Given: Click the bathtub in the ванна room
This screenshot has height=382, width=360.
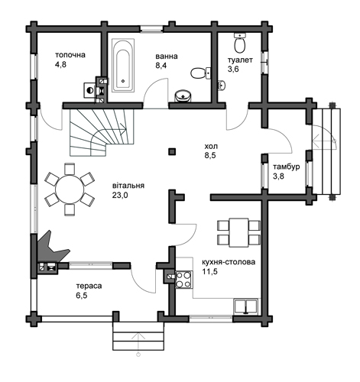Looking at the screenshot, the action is coord(123,65).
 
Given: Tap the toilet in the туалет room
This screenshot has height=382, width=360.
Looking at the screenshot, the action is coord(240,43).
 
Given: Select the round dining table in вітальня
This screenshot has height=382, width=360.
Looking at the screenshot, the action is coord(70,189).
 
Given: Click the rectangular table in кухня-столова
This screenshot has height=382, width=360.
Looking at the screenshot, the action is coord(238,232).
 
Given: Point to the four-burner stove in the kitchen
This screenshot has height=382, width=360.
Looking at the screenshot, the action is coord(184,280).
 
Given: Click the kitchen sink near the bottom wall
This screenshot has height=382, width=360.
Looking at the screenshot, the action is coord(246,306).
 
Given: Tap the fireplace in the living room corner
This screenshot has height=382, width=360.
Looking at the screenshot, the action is coord(51,247).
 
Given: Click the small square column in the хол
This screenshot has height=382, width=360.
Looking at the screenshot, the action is coord(172,151).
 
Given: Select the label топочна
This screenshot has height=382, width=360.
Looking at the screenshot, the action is coord(70,55).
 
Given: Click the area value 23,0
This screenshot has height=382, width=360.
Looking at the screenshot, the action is coord(120,195).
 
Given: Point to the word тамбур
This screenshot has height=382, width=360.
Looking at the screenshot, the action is coord(287,167).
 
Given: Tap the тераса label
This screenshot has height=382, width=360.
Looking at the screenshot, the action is coord(89,286).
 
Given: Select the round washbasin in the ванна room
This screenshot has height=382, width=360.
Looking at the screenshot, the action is coord(183,95).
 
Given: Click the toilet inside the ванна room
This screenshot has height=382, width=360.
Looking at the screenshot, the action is coord(200,73).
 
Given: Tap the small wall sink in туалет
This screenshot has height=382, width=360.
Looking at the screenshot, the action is coord(222,85).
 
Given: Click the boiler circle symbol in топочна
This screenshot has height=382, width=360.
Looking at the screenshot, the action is coord(89,90).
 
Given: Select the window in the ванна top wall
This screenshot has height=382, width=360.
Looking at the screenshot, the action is coord(151,28).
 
